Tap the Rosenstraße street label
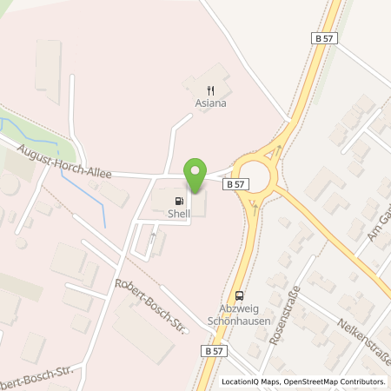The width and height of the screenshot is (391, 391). (283, 315)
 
